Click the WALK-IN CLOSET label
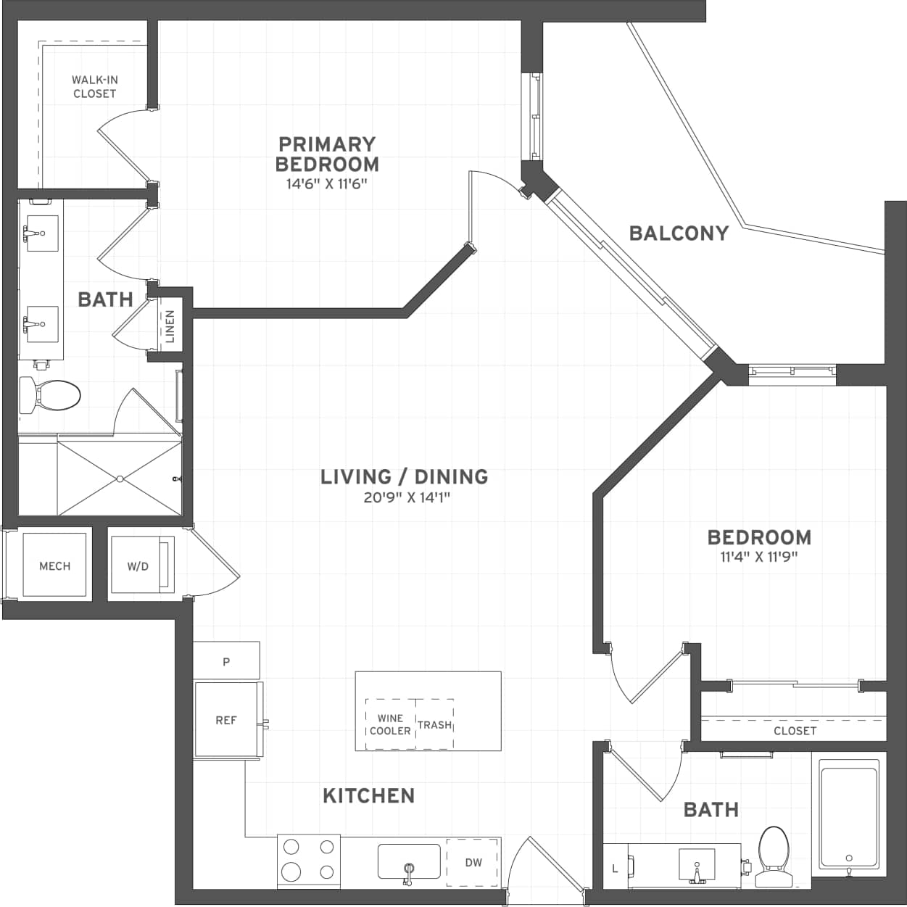94,86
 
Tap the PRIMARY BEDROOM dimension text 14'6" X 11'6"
326,183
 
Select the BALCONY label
679,233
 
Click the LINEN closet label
170,326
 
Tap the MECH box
54,566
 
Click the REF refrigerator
226,719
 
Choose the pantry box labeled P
226,661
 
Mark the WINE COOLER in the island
390,724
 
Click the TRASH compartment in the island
435,724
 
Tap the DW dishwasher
473,862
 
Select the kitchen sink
409,861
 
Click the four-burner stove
309,860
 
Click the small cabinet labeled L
616,867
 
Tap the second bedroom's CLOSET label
795,730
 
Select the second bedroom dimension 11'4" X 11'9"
759,557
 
